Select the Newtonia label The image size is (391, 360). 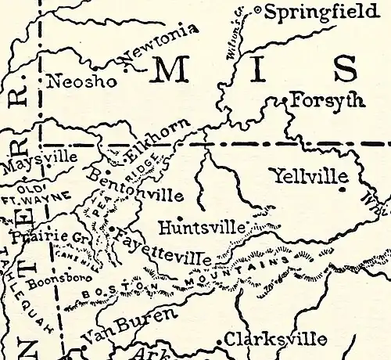[x=161, y=46]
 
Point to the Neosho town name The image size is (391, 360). [x=82, y=81]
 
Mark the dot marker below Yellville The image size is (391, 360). [x=343, y=189]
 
